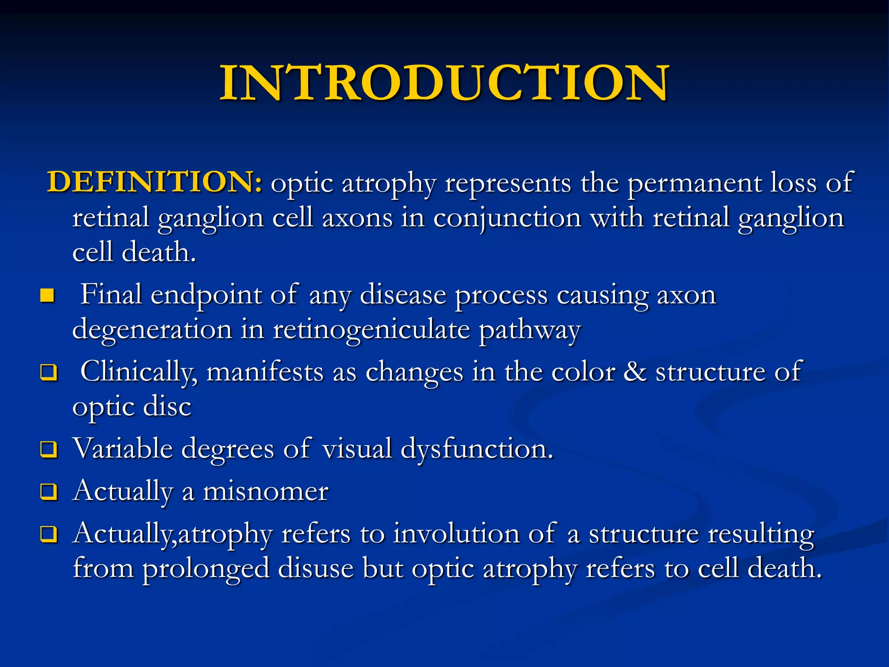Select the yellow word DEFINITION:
155,182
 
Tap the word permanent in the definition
694,184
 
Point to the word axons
357,218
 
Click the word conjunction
507,218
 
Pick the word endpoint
206,296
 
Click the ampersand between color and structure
635,372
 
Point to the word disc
167,407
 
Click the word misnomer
266,492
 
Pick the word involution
456,534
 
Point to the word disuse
316,568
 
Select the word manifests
265,373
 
